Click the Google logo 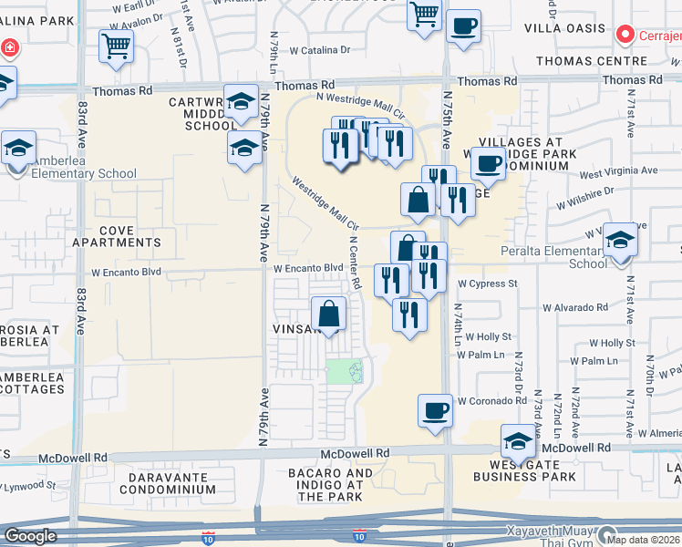(x=30, y=536)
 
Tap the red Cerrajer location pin (x=625, y=36)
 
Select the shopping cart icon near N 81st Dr (x=117, y=46)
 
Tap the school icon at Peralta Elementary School (x=620, y=240)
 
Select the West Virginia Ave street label (x=617, y=170)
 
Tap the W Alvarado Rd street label (x=576, y=307)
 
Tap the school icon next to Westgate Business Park (x=518, y=441)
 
